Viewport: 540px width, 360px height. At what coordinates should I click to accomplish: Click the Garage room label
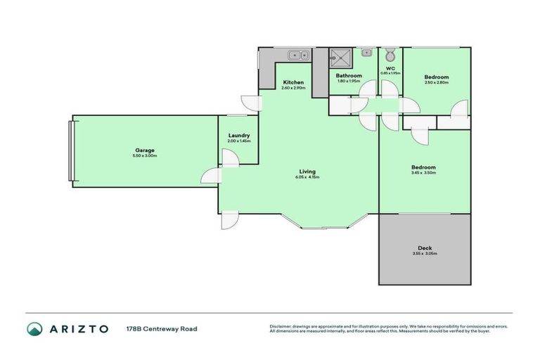click(145, 150)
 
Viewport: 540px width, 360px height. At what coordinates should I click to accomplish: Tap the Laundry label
click(238, 136)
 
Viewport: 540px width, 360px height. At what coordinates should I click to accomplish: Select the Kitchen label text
click(292, 82)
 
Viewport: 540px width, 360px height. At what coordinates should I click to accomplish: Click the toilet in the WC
click(390, 54)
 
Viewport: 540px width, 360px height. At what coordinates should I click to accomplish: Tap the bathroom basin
click(366, 53)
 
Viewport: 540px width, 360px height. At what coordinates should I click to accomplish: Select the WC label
click(390, 68)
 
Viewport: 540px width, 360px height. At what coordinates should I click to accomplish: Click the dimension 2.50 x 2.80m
click(437, 82)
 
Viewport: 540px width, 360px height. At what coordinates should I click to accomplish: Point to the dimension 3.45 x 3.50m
click(424, 172)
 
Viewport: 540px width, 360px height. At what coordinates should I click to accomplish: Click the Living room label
click(307, 171)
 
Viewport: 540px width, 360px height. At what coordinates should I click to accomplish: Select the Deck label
click(424, 247)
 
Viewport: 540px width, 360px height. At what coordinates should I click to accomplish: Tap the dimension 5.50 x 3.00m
click(145, 155)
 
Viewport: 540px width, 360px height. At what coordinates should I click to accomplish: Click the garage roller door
click(70, 151)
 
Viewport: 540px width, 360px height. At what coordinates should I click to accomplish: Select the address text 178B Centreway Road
click(162, 328)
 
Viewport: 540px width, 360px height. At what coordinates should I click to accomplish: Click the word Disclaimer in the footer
click(280, 326)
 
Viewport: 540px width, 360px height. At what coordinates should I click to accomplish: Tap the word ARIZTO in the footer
click(78, 328)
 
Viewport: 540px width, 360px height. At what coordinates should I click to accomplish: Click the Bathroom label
click(349, 75)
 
